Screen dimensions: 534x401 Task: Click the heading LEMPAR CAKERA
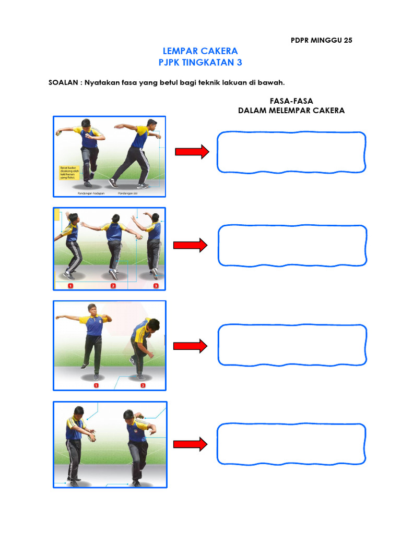200,51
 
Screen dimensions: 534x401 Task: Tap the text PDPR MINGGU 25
322,40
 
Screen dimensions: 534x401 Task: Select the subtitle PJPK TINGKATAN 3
200,63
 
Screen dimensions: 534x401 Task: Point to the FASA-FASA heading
291,101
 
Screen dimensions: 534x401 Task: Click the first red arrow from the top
192,152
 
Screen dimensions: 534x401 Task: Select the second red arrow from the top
191,245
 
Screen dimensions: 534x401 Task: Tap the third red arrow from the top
191,346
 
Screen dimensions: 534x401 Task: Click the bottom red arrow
191,444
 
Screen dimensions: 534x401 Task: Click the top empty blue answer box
291,152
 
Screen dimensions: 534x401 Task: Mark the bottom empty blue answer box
291,444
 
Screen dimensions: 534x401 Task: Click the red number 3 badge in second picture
156,286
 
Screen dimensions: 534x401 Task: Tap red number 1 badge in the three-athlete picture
69,286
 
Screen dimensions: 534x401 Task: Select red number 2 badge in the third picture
143,385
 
